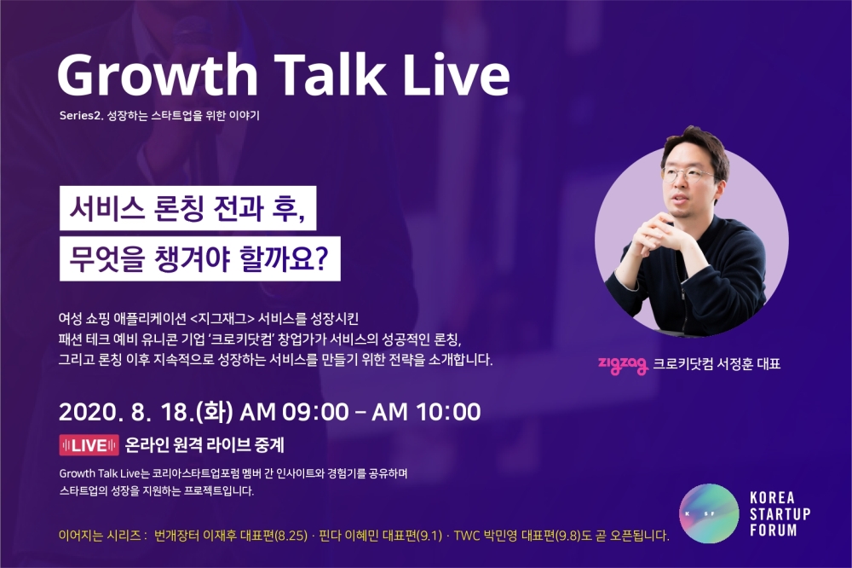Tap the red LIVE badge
pos(89,445)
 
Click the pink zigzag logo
pos(623,364)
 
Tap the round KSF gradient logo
pos(709,513)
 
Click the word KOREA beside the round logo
pos(772,498)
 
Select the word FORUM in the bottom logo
pos(774,530)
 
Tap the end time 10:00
pos(448,412)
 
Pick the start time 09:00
pos(315,412)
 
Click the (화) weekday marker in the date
pos(215,412)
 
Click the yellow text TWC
pos(466,536)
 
